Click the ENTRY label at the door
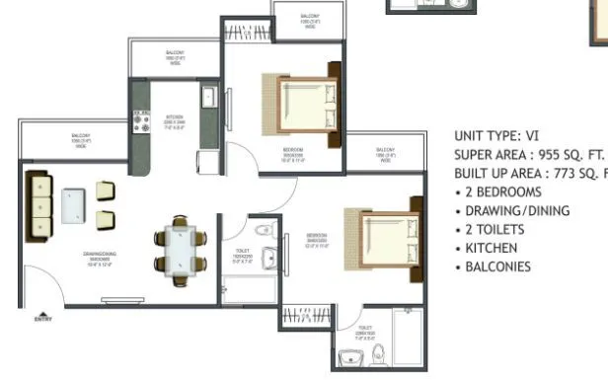(x=41, y=319)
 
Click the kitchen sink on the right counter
(x=208, y=97)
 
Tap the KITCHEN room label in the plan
(x=175, y=119)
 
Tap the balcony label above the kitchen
(x=175, y=55)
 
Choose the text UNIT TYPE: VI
(x=496, y=136)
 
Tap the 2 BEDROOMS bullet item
(x=502, y=191)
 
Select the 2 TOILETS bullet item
(x=495, y=229)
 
